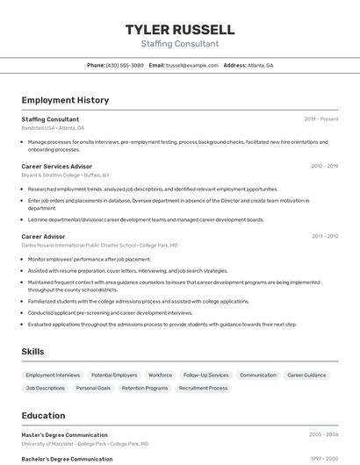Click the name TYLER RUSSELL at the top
[x=180, y=29]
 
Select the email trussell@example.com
[x=192, y=65]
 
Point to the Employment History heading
[x=65, y=100]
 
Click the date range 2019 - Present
[x=321, y=118]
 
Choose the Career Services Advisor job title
[x=56, y=166]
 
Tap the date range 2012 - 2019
[x=324, y=166]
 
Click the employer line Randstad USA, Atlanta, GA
[x=53, y=127]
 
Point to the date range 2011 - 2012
[x=324, y=236]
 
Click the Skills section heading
[x=32, y=352]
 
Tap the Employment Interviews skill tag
[x=53, y=375]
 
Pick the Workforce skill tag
[x=160, y=375]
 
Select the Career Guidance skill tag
[x=306, y=375]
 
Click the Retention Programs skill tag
[x=145, y=387]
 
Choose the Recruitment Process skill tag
[x=203, y=387]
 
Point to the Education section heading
[x=43, y=415]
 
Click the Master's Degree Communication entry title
[x=64, y=434]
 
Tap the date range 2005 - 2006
[x=323, y=434]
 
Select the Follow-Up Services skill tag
[x=205, y=375]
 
